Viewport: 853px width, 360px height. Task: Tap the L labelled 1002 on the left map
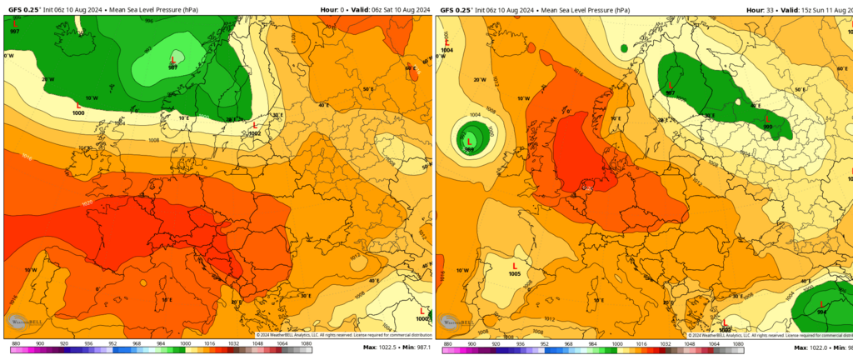pos(254,126)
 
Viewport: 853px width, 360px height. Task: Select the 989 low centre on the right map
pos(470,142)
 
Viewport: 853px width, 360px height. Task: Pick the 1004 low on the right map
pos(447,42)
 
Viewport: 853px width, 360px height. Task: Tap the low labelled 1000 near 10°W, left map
pos(78,105)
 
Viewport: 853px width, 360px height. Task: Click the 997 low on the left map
pos(14,22)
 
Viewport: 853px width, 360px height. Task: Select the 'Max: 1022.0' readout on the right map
pos(813,347)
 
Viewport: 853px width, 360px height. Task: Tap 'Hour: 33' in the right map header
pos(759,9)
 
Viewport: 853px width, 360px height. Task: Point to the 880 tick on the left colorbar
pos(16,343)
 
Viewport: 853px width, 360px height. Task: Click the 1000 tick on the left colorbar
pos(184,343)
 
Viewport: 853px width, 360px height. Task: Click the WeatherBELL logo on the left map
pos(19,320)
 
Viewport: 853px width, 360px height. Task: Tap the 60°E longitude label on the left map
pos(410,68)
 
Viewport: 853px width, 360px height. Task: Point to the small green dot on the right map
pos(625,48)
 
